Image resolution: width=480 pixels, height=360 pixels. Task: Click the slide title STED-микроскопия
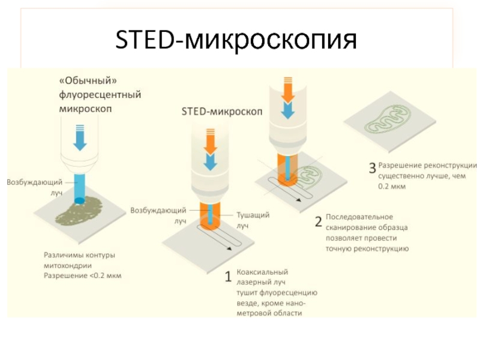236,40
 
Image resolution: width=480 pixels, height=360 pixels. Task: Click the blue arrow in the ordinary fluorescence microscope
80,138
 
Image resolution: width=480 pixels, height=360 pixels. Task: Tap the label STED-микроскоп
222,112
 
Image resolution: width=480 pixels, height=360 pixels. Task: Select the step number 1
229,277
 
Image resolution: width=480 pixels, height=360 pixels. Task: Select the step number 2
319,221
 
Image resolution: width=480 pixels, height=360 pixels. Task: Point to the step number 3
372,168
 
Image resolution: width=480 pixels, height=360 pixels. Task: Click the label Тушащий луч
253,220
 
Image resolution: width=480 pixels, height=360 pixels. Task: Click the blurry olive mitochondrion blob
79,211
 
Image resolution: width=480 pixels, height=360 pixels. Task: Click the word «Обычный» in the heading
88,80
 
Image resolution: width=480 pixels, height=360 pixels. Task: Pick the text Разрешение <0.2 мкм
83,275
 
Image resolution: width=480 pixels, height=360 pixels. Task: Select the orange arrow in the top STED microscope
287,91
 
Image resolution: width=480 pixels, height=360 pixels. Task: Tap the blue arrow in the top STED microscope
287,110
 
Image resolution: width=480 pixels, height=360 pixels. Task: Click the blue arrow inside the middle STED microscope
211,161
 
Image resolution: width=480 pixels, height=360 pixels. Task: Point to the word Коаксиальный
262,272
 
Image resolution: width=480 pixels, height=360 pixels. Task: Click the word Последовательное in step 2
359,217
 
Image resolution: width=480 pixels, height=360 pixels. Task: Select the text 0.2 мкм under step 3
392,187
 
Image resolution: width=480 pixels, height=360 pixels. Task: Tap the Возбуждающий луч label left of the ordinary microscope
35,187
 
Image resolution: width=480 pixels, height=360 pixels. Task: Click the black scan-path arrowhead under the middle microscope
229,248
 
